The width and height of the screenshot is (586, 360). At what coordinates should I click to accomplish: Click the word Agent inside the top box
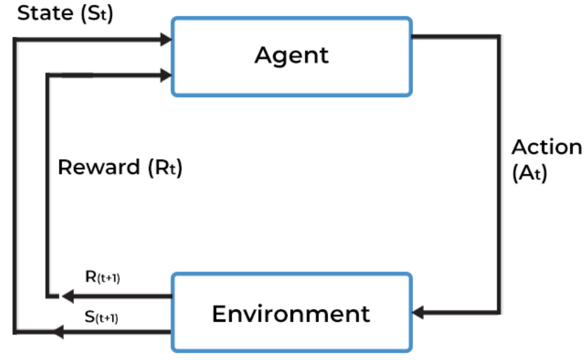291,55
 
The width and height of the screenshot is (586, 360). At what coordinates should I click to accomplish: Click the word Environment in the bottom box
291,313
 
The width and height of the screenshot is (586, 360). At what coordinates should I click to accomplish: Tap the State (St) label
65,14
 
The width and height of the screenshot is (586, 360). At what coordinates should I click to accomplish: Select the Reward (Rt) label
119,167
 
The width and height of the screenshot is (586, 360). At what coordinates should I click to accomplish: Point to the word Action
546,147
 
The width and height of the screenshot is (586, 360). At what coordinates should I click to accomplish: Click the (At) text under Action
529,175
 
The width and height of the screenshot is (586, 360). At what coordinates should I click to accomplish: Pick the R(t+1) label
103,277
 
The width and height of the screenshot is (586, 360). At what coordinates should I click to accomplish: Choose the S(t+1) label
101,316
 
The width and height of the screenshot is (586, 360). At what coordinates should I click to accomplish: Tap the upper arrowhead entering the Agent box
166,40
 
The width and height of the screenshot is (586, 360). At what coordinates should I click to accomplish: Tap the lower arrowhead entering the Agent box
166,75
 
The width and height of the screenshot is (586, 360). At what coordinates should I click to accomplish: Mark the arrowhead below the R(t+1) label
67,296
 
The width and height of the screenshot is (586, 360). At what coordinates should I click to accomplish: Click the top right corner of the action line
498,37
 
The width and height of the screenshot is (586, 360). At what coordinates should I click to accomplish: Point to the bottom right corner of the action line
498,312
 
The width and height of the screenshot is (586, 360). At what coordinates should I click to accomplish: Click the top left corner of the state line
14,40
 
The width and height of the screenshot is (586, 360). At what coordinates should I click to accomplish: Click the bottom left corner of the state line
14,331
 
